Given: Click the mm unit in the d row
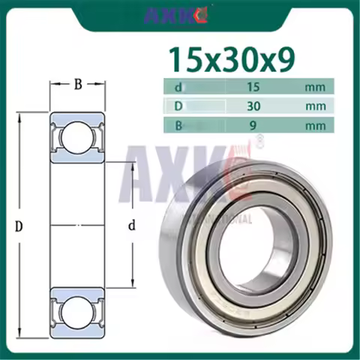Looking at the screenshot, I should click(315, 87).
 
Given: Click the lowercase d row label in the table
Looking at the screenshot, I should click(178, 87).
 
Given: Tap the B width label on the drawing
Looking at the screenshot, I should click(77, 84).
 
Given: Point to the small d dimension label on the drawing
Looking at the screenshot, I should click(131, 224).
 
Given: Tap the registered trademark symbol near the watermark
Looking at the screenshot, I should click(260, 139).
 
